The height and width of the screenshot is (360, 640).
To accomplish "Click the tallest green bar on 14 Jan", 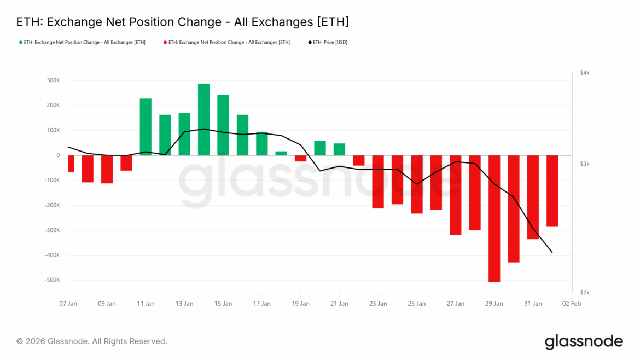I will [203, 119].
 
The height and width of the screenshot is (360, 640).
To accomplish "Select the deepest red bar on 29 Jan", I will [494, 218].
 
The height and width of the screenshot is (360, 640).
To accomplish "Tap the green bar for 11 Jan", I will [146, 127].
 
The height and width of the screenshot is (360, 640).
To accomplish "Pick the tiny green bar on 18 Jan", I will [281, 153].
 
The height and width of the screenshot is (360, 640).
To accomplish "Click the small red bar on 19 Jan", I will [300, 158].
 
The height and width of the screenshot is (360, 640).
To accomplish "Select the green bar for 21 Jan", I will [339, 149].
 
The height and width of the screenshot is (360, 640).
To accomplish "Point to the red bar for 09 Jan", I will [107, 169].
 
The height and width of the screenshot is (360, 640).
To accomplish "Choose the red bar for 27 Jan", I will [455, 195].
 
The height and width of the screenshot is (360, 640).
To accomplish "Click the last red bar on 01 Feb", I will [552, 190].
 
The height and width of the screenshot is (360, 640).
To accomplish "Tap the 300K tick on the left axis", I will [53, 80].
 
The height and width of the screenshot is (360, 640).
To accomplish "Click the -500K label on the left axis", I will [52, 280].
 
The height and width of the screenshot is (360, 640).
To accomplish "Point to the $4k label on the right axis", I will [585, 73].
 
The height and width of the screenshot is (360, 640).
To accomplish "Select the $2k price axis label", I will [585, 293].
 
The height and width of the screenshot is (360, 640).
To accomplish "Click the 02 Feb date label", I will [572, 303].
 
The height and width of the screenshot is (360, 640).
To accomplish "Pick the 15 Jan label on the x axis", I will [223, 303].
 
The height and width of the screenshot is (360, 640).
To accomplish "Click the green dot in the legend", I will [21, 42].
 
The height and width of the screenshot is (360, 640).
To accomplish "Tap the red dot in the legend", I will [165, 42].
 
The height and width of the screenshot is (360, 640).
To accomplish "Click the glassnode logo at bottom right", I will [584, 341].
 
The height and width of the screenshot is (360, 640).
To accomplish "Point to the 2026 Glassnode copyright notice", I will [91, 341].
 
